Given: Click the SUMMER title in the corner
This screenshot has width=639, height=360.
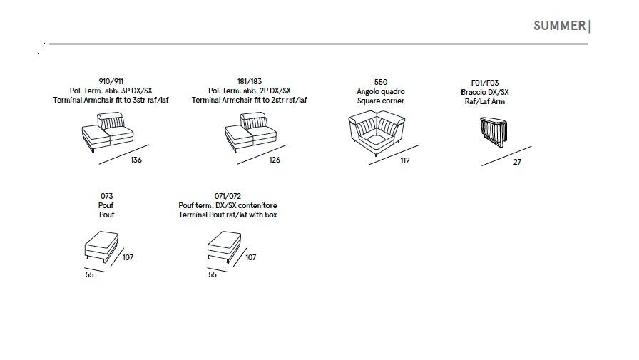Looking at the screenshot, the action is tap(560, 26).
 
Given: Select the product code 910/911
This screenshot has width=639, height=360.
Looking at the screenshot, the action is tap(111, 81).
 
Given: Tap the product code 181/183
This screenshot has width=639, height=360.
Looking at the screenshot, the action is tap(250, 81).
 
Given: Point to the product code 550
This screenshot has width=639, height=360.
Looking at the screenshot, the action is tap(381, 82).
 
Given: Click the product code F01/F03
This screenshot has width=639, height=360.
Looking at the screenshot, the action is tap(485, 83).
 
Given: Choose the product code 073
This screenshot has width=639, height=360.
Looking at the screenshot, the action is tap(106, 196).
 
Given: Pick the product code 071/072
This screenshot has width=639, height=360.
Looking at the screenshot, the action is tap(228, 196).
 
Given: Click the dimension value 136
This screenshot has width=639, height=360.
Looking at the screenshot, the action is tap(136, 160).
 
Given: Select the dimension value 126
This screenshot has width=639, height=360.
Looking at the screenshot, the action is tap(275, 160).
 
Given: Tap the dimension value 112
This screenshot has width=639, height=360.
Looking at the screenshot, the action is tap(405, 161).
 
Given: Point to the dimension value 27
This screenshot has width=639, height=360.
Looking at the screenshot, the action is tap(517, 162).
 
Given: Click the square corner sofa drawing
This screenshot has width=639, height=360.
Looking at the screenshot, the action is tap(377, 133).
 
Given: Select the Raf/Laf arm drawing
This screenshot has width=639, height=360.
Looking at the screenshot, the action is tap(494, 132).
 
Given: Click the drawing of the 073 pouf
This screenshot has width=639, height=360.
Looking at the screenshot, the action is tap(101, 247).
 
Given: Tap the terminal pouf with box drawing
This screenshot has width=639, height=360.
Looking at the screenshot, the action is tap(224, 247).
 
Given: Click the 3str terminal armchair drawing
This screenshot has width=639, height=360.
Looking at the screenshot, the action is tap(108, 132).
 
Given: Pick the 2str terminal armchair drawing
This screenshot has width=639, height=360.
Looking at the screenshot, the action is tap(250, 132).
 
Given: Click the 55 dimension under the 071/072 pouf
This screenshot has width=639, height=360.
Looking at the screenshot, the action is tap(213, 275).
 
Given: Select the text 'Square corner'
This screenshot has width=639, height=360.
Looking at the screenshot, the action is tap(381, 101).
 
